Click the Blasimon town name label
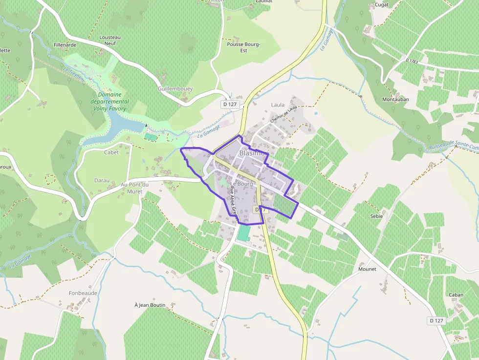(254, 153)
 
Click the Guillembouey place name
(175, 89)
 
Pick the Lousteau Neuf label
(110, 40)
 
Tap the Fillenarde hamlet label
(65, 45)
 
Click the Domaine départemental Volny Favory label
(112, 102)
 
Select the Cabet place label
(111, 152)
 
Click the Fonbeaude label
(83, 293)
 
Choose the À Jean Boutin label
(150, 305)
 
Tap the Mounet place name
(367, 269)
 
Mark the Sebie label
(376, 216)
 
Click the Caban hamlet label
(456, 295)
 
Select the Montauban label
(395, 99)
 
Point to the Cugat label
(381, 4)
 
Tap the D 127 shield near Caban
(436, 320)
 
